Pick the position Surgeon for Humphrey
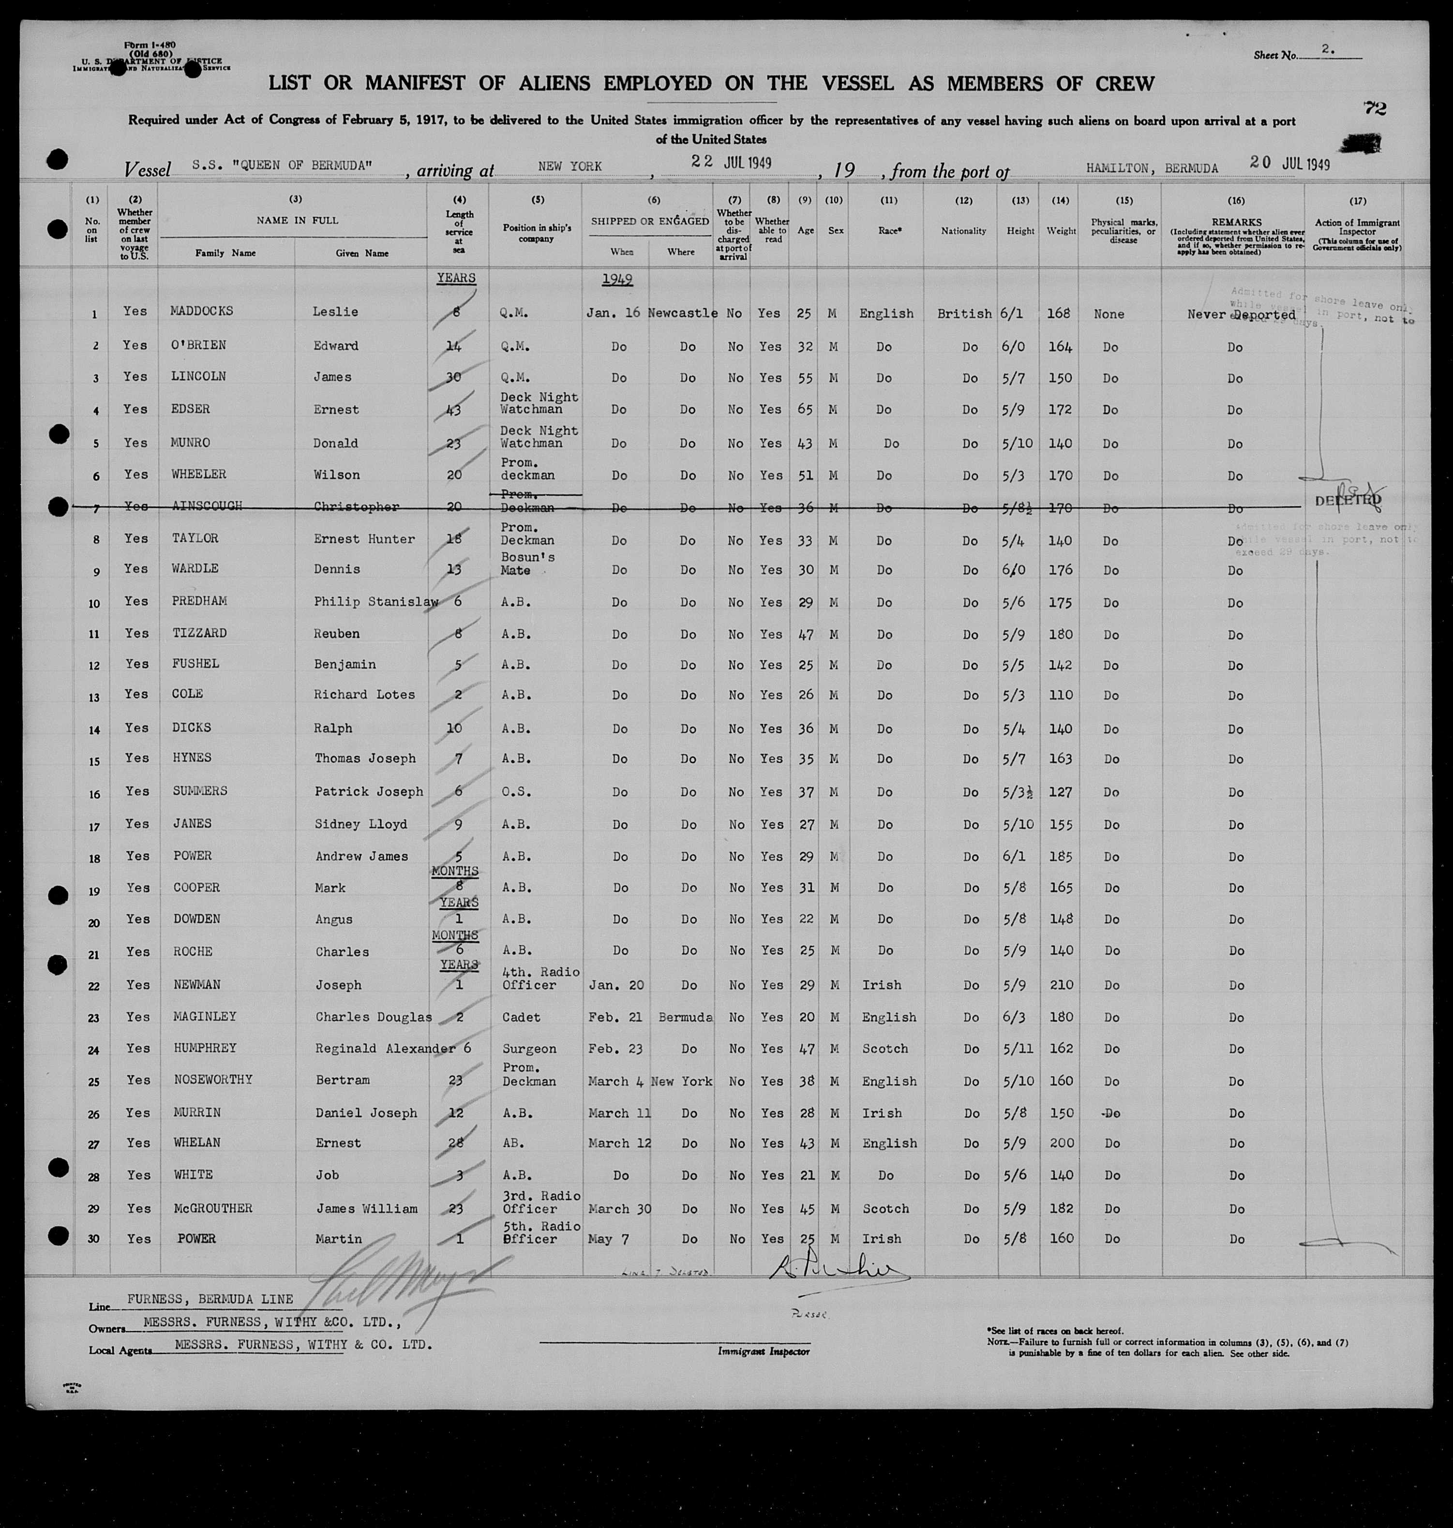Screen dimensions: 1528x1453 528,1049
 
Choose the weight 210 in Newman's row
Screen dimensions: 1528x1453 1060,985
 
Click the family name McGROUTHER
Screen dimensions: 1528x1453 213,1208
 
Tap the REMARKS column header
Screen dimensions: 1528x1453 1236,223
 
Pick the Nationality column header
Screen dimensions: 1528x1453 963,231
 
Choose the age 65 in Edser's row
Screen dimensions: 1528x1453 806,409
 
